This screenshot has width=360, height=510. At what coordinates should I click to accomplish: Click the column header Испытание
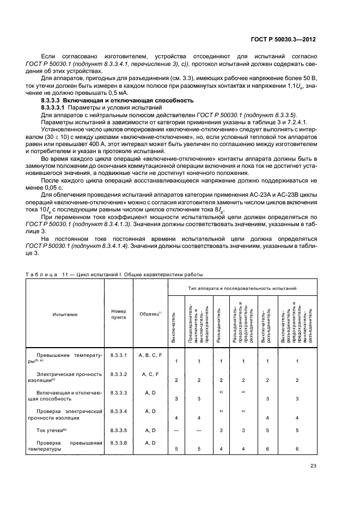[x=65, y=314]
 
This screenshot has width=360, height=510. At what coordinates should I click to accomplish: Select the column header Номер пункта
[x=118, y=314]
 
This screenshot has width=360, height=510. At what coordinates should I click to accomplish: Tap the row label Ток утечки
[x=52, y=430]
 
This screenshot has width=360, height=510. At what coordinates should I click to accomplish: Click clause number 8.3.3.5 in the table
[x=118, y=430]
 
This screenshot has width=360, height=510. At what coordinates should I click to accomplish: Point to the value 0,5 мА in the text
[x=96, y=94]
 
